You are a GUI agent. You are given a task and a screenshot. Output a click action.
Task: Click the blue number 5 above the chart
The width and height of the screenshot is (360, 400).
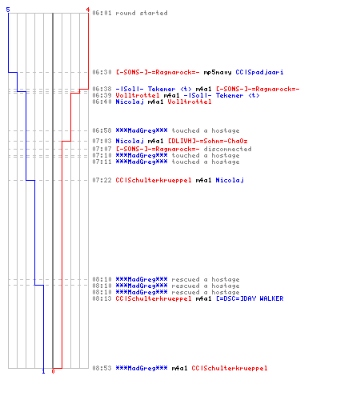[x=8, y=10]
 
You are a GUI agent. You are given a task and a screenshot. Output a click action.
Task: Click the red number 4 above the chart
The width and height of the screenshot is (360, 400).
[x=88, y=10]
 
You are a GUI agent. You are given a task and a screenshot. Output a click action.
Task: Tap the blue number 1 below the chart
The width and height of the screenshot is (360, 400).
[x=44, y=371]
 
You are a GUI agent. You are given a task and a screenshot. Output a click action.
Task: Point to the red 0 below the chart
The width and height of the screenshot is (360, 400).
[x=53, y=371]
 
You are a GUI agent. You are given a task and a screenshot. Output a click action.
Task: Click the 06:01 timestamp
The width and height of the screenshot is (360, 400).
[x=102, y=13]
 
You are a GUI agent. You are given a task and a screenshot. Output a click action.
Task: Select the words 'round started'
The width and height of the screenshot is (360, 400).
[x=142, y=13]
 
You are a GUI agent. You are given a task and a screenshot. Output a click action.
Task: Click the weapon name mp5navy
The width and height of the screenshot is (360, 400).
[x=218, y=72]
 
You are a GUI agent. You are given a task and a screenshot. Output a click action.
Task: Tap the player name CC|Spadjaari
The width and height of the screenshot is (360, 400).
[x=259, y=72]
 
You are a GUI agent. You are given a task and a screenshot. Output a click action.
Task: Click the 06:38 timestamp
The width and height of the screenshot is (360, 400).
[x=102, y=89]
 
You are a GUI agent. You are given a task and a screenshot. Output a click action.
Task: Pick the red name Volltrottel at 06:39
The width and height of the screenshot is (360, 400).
[x=138, y=95]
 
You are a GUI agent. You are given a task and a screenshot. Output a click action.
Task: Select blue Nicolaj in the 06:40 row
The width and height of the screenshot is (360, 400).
[x=130, y=102]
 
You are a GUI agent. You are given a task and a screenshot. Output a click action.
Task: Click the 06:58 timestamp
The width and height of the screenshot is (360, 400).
[x=102, y=130]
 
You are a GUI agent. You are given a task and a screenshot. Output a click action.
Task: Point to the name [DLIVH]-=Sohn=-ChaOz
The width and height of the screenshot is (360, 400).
[x=208, y=141]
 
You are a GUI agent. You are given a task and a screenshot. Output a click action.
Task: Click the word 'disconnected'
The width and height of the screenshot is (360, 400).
[x=227, y=149]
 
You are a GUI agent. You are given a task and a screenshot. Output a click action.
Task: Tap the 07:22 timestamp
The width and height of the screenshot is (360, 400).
[x=102, y=180]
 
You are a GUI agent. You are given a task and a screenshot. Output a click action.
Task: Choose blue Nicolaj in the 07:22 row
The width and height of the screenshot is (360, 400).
[x=230, y=180]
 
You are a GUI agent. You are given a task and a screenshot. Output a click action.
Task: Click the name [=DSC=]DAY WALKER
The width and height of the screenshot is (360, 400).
[x=250, y=298]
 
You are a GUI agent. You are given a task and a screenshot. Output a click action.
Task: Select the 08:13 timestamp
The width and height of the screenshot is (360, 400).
[x=102, y=298]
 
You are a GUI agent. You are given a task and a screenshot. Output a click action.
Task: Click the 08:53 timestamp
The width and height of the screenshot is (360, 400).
[x=102, y=368]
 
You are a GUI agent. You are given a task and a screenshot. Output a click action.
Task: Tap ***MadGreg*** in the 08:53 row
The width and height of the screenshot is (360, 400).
[x=142, y=368]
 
